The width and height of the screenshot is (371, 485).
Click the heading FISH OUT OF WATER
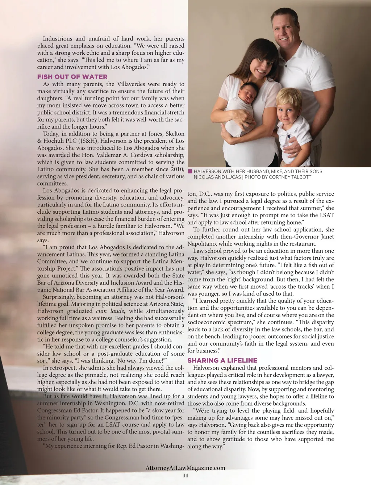click(x=72, y=77)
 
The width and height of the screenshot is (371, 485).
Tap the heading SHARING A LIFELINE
click(x=222, y=360)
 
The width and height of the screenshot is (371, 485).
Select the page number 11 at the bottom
click(x=185, y=476)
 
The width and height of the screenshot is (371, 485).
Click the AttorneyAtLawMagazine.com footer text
click(x=185, y=468)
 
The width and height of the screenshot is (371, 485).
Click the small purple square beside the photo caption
click(x=190, y=171)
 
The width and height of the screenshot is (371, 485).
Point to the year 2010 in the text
click(x=178, y=169)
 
